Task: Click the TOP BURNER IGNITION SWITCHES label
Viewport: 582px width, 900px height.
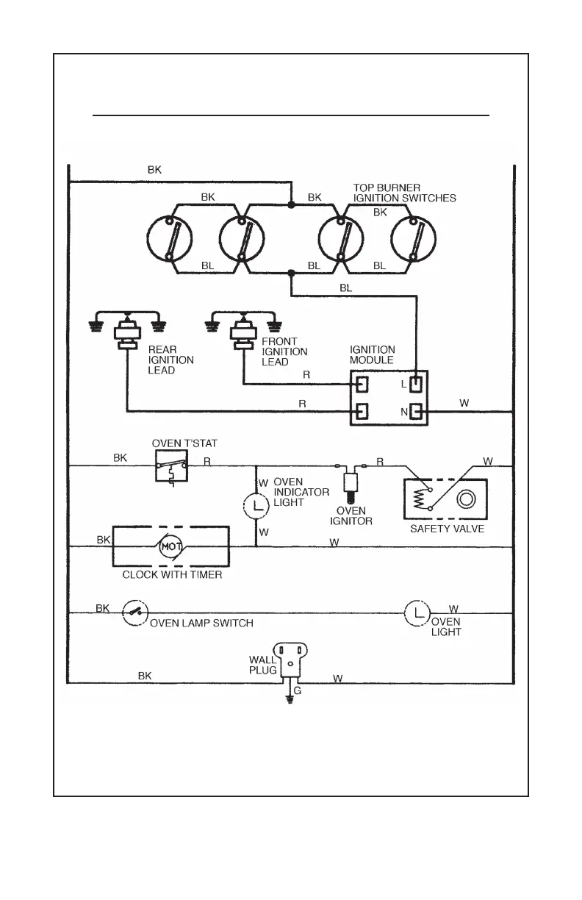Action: (404, 193)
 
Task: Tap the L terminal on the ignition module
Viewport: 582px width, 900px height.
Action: (417, 384)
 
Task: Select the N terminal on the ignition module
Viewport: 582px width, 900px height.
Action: (416, 412)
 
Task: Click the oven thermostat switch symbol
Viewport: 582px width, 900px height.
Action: (171, 465)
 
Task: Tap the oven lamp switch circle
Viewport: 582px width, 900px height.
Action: (135, 612)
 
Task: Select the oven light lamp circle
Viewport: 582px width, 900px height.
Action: (417, 612)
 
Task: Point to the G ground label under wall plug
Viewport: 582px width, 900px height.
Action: (298, 691)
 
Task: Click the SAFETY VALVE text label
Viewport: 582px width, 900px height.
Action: (447, 529)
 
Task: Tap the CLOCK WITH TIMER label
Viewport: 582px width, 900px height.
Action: (172, 574)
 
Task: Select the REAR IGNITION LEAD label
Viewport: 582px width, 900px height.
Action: (171, 360)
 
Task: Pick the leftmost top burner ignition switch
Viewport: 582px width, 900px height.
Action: (169, 238)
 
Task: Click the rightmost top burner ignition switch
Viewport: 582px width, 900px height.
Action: (413, 238)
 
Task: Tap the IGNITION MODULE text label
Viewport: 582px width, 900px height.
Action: (372, 355)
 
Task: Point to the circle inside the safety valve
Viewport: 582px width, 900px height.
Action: (466, 501)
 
